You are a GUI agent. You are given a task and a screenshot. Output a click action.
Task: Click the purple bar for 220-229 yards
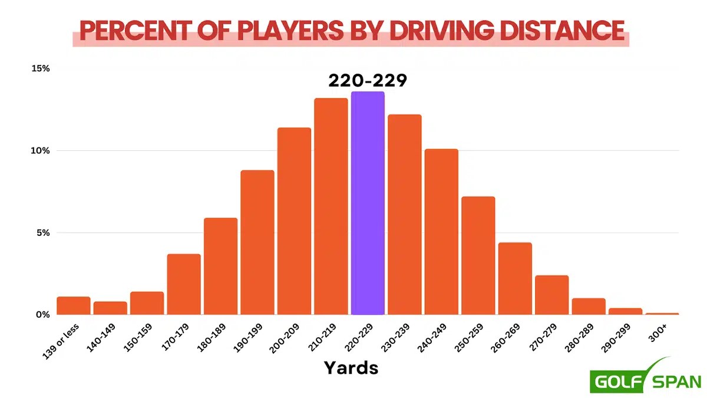point(368,203)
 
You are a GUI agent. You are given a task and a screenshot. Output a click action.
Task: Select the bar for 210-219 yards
point(331,206)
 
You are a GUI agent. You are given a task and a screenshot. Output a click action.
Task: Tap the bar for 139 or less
point(74,306)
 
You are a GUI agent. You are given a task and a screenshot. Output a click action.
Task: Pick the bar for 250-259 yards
point(478,256)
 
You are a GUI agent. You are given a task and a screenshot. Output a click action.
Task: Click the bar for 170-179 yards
point(184,285)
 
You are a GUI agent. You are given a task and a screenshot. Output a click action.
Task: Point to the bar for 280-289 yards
point(589,307)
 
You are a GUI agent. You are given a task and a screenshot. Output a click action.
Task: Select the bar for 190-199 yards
point(257,242)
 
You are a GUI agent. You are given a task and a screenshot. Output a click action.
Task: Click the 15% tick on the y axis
point(41,68)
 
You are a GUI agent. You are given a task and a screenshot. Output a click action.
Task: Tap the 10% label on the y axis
point(41,150)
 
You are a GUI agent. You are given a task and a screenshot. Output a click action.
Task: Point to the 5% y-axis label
point(42,232)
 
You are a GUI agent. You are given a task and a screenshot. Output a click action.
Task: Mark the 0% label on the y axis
point(42,314)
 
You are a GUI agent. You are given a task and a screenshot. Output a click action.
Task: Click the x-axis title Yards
point(351,368)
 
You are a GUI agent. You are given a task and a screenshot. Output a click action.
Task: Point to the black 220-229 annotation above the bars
point(368,80)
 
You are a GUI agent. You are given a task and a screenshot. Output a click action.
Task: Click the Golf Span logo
point(646,377)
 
